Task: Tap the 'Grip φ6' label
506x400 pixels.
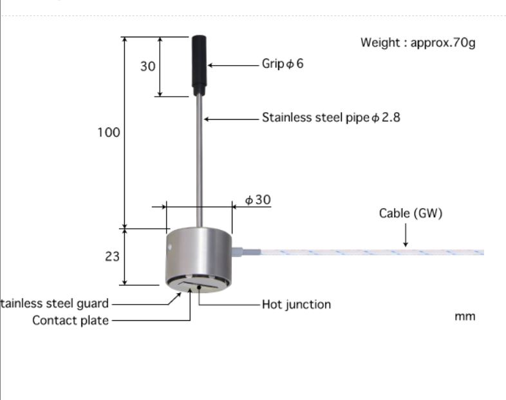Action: [282, 64]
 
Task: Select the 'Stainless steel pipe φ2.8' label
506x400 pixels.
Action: [331, 118]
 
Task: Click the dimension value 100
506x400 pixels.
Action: [109, 132]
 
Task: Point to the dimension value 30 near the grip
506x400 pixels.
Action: [148, 66]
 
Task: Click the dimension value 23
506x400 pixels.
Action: [112, 256]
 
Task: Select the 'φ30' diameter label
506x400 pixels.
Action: [258, 200]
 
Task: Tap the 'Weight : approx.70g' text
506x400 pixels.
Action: [418, 43]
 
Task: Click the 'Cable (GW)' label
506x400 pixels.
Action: [411, 213]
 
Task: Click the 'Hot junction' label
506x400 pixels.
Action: [296, 304]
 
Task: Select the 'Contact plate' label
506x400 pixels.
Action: [71, 320]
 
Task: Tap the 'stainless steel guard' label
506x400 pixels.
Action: [55, 303]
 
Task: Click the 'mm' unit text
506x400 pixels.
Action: [465, 316]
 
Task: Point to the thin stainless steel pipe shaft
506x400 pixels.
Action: [201, 161]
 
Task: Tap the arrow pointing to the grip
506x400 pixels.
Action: [232, 65]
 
